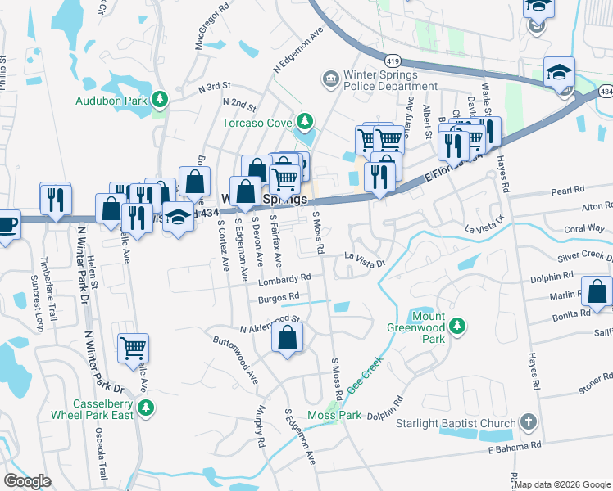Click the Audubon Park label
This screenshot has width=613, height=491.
(111, 101)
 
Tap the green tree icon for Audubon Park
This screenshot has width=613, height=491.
(160, 101)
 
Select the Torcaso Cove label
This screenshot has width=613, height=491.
(258, 124)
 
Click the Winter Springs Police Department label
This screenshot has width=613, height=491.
(381, 80)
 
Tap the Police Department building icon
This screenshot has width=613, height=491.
(330, 79)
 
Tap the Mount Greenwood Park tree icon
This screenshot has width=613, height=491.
(458, 327)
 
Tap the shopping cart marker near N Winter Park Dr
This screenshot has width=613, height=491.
(133, 349)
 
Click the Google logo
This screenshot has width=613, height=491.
(27, 481)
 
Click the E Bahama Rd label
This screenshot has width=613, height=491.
(515, 447)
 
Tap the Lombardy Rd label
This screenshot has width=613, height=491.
(285, 280)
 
